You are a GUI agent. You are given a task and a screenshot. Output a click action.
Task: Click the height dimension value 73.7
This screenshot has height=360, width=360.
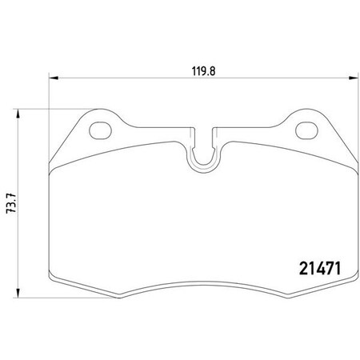pyautogui.click(x=10, y=202)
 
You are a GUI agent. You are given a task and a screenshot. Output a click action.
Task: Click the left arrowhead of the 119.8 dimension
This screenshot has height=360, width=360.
pyautogui.click(x=54, y=78)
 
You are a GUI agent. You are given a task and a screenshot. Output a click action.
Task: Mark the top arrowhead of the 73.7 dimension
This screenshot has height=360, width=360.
pyautogui.click(x=19, y=111)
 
